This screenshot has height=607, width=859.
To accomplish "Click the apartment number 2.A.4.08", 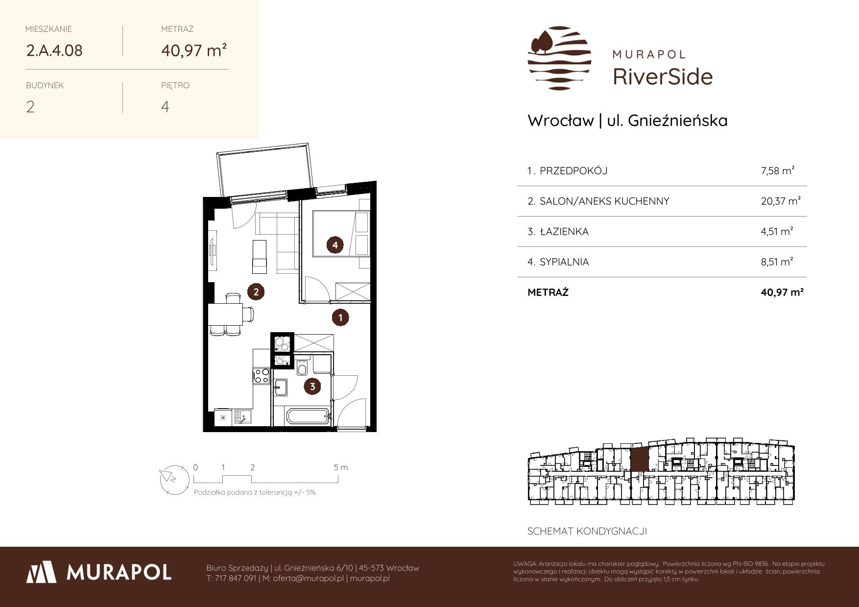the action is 54,50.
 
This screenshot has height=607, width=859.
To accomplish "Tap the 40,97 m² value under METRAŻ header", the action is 194,50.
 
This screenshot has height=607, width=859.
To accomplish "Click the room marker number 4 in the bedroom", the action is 335,245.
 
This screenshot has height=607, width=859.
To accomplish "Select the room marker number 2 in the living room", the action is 256,292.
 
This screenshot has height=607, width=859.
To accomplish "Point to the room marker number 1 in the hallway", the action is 340,317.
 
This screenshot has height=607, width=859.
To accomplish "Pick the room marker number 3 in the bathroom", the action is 312,387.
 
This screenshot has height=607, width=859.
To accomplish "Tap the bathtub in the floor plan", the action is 308,417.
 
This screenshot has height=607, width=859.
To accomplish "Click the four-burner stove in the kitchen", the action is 262,376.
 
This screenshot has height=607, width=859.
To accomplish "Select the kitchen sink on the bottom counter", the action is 243,417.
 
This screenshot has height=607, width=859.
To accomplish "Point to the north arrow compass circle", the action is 174,479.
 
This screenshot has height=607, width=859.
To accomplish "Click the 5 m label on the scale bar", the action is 341,467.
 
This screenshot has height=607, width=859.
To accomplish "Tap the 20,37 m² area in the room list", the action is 781,201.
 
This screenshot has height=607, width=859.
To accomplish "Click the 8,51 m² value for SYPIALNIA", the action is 777,262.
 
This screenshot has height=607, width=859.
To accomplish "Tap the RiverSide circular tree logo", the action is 559,58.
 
